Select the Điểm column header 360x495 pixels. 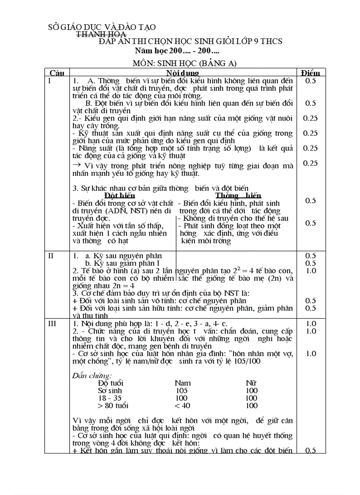coord(311,72)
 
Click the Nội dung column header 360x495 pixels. coord(182,72)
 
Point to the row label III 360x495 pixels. coord(52,324)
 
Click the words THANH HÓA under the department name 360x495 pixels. coord(101,34)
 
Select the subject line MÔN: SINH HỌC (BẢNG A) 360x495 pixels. coord(185,63)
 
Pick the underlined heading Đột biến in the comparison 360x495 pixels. coord(120,195)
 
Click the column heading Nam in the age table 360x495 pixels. coord(183,383)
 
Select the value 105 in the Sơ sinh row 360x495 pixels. coord(181,391)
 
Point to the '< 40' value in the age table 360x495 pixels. coord(183,406)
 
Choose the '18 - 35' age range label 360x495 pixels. coord(108,398)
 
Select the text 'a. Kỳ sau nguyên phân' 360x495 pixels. coord(117,256)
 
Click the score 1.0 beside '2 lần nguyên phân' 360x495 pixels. coord(311,271)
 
